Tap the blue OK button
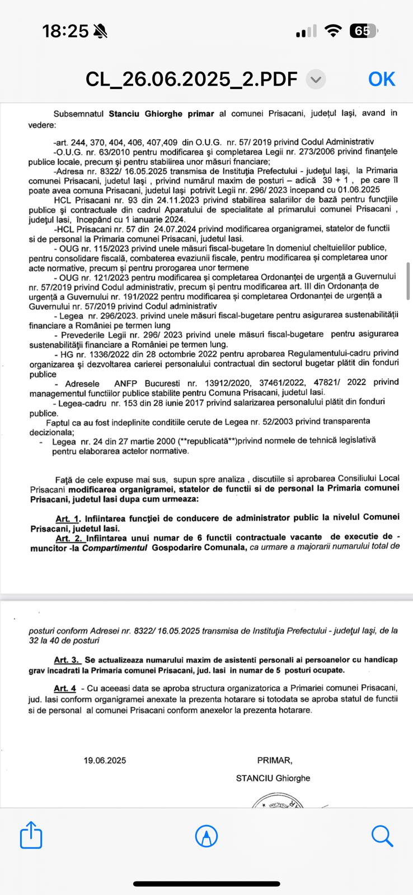tap(382, 79)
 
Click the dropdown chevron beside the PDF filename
tap(316, 79)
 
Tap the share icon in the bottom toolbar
tap(31, 836)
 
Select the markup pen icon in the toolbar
tap(206, 836)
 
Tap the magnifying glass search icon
tap(382, 836)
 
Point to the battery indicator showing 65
tap(363, 32)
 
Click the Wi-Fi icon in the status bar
tap(334, 32)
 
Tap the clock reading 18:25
tap(65, 32)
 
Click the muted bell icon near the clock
tap(101, 32)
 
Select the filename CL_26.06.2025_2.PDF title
tap(191, 79)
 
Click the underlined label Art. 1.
tap(68, 519)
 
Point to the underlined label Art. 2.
tap(69, 538)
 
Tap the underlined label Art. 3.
tap(67, 660)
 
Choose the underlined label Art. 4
tap(65, 687)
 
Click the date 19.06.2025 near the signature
tap(105, 760)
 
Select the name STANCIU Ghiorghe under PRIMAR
tap(273, 778)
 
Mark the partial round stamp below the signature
tap(278, 802)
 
